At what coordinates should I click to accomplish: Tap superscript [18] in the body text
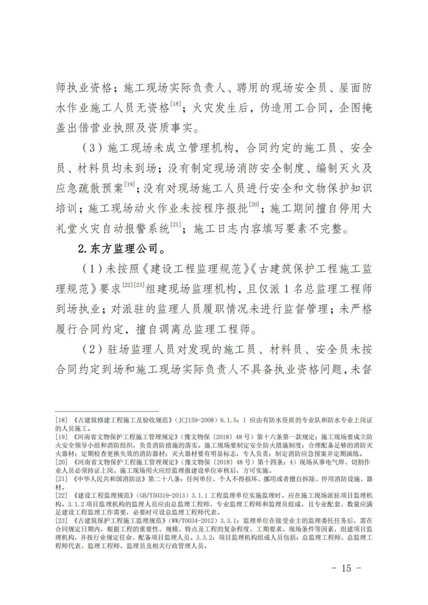175,104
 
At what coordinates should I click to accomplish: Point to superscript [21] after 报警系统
175,225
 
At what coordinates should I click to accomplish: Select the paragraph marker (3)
92,149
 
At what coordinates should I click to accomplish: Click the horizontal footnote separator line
107,412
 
